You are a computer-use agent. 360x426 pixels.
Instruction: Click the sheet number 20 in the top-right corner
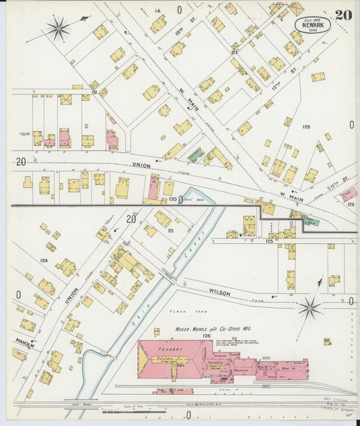click(x=342, y=14)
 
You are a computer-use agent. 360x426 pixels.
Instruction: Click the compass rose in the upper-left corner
click(x=59, y=28)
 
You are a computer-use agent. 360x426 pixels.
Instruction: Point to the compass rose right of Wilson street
click(x=310, y=309)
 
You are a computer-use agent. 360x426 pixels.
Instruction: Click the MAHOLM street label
click(x=24, y=343)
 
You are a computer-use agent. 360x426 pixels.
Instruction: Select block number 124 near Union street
click(x=44, y=260)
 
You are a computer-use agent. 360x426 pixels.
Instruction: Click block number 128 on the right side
click(x=306, y=127)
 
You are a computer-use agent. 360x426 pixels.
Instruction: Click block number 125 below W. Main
click(x=269, y=240)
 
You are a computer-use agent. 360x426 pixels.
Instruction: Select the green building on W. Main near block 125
click(x=311, y=221)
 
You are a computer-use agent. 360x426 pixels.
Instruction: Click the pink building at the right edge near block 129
click(x=349, y=194)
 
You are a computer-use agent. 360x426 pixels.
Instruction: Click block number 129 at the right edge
click(x=351, y=204)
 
